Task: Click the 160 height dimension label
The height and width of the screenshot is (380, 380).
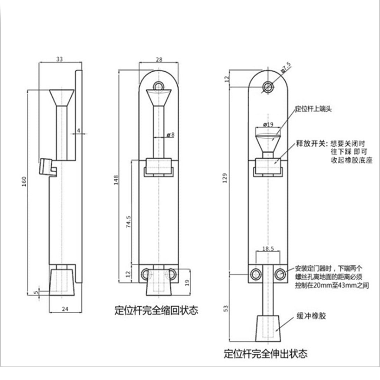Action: click(x=24, y=181)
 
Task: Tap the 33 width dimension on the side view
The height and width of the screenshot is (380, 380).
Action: click(x=59, y=59)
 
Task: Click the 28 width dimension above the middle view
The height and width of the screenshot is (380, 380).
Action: click(x=159, y=59)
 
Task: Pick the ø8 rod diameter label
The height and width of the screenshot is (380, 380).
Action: click(x=171, y=135)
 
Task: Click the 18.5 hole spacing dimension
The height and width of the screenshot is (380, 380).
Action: click(x=267, y=249)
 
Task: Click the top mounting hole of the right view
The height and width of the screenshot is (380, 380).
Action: click(x=268, y=87)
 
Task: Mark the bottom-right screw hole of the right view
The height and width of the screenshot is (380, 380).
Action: click(x=280, y=274)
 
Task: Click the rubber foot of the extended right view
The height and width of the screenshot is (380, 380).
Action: click(x=267, y=328)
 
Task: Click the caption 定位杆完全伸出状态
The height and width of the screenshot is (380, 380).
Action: click(x=266, y=353)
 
